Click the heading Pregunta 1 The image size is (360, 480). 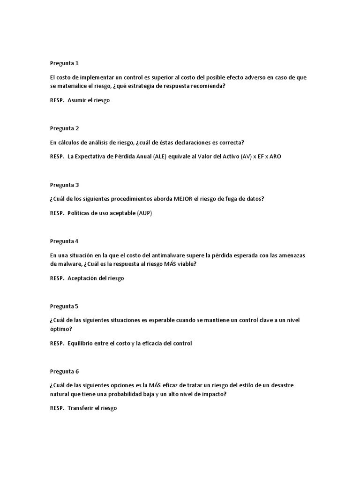(64, 63)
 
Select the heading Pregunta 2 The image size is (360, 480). (64, 128)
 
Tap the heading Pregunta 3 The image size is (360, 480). (64, 185)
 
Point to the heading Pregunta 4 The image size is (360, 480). (64, 241)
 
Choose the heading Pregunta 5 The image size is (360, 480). (64, 306)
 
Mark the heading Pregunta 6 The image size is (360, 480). (64, 371)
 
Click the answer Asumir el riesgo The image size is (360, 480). (89, 100)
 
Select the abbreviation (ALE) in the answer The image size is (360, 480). (159, 157)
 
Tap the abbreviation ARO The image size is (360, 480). (275, 157)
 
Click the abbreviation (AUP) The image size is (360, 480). (144, 213)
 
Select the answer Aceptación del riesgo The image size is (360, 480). (96, 278)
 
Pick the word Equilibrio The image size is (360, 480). (82, 343)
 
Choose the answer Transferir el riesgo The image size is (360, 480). (92, 408)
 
